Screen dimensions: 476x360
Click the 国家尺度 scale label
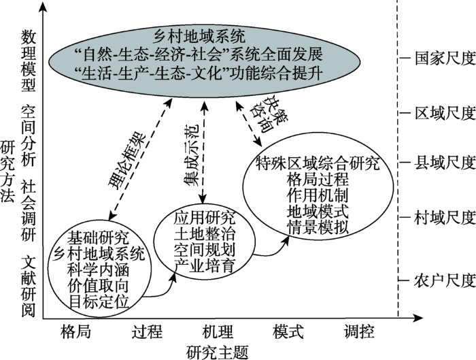(x=445, y=59)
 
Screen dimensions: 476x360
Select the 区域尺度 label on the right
(x=445, y=114)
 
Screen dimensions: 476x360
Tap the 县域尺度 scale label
(x=445, y=163)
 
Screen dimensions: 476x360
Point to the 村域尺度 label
(x=445, y=218)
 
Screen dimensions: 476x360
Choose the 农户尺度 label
(x=445, y=280)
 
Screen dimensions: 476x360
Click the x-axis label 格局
(x=76, y=331)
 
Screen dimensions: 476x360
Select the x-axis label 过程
(x=147, y=331)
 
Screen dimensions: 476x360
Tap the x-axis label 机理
(x=218, y=331)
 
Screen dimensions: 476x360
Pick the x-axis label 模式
(x=288, y=331)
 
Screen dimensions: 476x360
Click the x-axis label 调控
(x=359, y=331)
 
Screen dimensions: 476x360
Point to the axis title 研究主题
(x=218, y=352)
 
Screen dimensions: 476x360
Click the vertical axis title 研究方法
(x=7, y=171)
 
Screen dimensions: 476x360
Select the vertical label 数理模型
(x=29, y=61)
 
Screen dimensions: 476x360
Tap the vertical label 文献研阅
(x=29, y=287)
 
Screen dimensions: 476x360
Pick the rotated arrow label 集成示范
(x=191, y=154)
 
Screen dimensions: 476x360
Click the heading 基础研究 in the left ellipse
(x=98, y=238)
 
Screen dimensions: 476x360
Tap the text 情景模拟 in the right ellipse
(x=318, y=227)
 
